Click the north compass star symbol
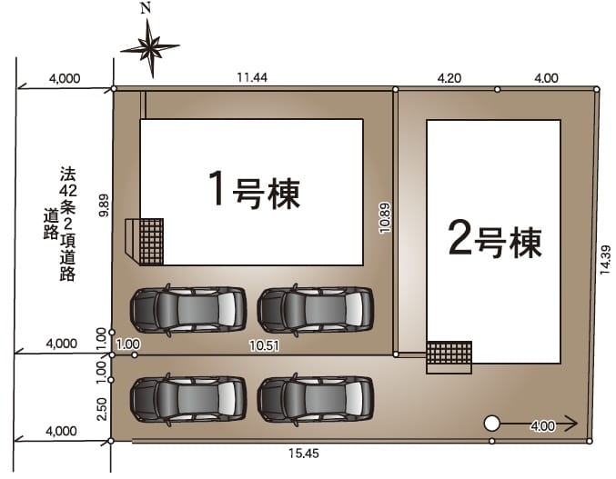(x=150, y=49)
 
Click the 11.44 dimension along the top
(x=252, y=77)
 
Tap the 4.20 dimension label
(x=449, y=78)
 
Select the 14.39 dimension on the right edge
(x=605, y=260)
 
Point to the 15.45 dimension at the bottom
(x=304, y=454)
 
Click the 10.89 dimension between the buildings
(x=385, y=218)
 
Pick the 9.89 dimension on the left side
(x=105, y=206)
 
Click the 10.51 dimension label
(x=265, y=345)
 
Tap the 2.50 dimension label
(x=102, y=409)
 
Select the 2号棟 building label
(x=495, y=240)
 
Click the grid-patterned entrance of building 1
(x=152, y=242)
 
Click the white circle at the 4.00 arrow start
(x=491, y=424)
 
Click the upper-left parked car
(x=188, y=310)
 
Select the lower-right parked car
(x=316, y=399)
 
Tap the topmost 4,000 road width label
(x=65, y=78)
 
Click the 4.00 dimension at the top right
(x=546, y=78)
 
